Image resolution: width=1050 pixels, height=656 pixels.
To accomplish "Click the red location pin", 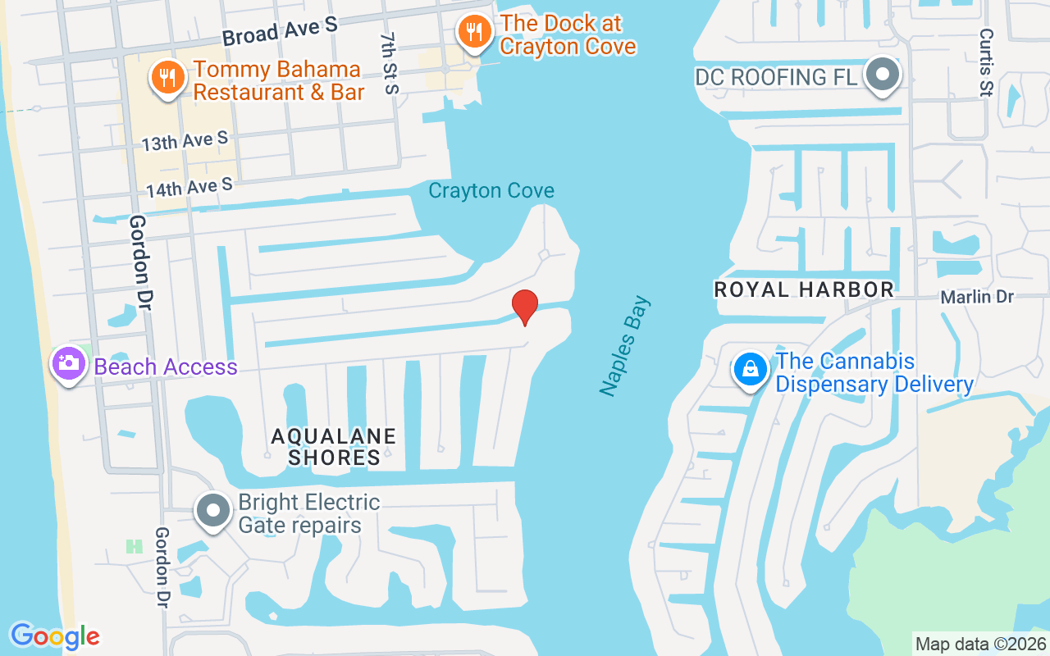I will pyautogui.click(x=525, y=306).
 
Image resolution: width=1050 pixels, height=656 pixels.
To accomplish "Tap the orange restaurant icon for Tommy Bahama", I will pyautogui.click(x=168, y=79).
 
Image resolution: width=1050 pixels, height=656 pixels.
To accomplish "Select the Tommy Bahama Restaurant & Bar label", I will pyautogui.click(x=278, y=80).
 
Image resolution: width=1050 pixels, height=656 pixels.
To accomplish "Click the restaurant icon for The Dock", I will pyautogui.click(x=474, y=33).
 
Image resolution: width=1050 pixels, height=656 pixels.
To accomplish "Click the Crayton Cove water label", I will pyautogui.click(x=491, y=191).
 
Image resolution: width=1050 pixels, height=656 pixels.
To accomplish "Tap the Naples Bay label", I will pyautogui.click(x=625, y=346).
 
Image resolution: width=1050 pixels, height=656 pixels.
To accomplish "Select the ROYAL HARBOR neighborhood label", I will pyautogui.click(x=804, y=289).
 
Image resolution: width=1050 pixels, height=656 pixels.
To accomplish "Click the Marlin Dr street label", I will pyautogui.click(x=977, y=297).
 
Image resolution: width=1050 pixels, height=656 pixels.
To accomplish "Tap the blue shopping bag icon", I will pyautogui.click(x=750, y=370).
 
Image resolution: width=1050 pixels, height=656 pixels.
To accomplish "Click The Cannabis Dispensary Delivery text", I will pyautogui.click(x=874, y=372).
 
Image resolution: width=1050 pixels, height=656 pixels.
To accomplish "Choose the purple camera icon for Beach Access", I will pyautogui.click(x=68, y=362).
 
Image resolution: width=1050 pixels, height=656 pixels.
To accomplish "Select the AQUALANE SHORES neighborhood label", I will pyautogui.click(x=334, y=446).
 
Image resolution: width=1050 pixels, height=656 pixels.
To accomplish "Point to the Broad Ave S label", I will pyautogui.click(x=280, y=31).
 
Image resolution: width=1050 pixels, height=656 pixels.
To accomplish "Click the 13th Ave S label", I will pyautogui.click(x=185, y=142).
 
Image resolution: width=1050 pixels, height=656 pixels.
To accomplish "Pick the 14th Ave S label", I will pyautogui.click(x=189, y=188).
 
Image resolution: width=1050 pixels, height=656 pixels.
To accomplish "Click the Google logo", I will pyautogui.click(x=55, y=635).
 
